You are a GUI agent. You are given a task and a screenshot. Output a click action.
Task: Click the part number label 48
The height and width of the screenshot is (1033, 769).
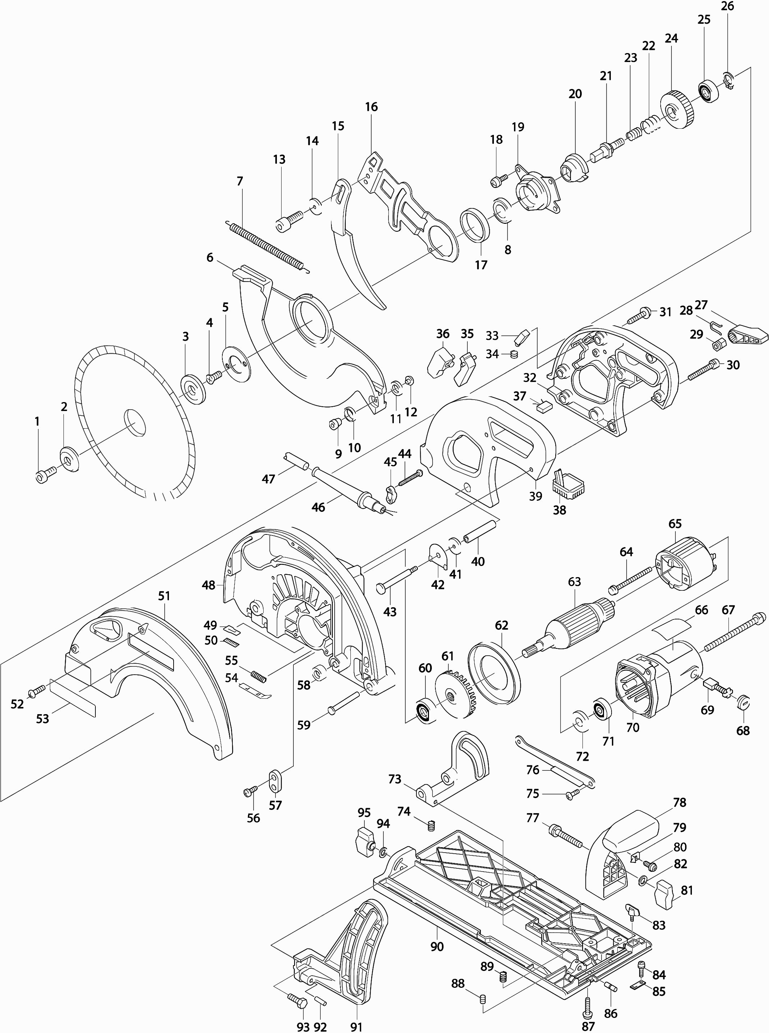tap(208, 585)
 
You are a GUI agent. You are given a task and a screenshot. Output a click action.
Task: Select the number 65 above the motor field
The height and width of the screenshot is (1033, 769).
tap(675, 524)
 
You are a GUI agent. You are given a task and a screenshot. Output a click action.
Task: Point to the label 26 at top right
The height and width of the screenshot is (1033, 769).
tap(727, 6)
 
